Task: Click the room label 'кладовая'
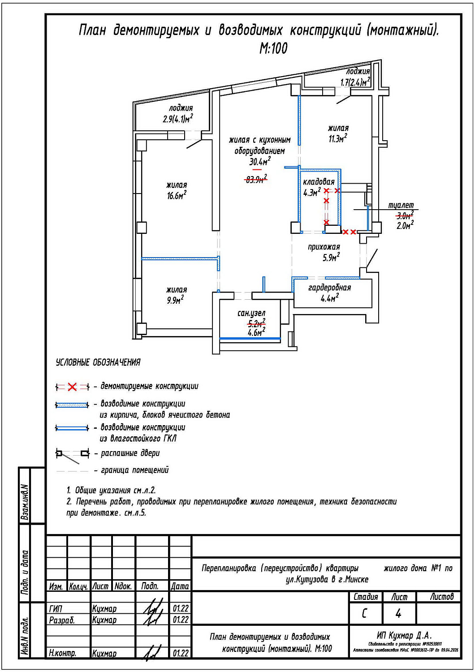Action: pos(319,182)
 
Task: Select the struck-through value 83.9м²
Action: pos(256,180)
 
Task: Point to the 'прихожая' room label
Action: pos(324,247)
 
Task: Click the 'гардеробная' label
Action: pos(329,288)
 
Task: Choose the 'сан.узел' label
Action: pos(251,313)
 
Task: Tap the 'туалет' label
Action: pos(401,205)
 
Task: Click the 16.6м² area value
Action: pos(177,196)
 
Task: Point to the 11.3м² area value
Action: pos(337,139)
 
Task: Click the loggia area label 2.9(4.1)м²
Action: pos(178,119)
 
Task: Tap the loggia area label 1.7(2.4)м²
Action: pos(355,82)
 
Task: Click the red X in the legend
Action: pos(72,387)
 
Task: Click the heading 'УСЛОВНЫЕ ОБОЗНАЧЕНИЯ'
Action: pos(98,362)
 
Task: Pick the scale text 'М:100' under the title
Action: pos(273,48)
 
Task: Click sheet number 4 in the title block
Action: pos(398,613)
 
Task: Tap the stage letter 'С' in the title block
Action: pos(364,613)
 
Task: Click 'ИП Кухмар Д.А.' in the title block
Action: pos(404,635)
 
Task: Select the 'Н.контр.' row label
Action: pos(62,653)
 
